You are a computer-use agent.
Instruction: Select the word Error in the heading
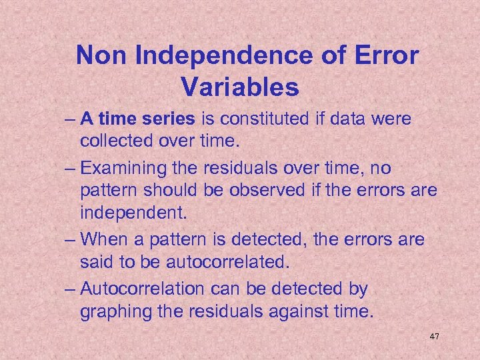(x=385, y=56)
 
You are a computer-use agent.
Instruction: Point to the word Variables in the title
(x=240, y=87)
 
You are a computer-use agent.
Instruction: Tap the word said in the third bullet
(x=95, y=262)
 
